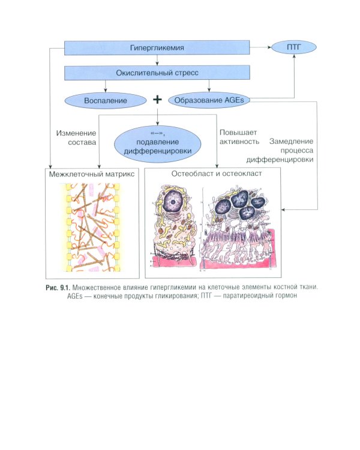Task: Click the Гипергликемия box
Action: click(157, 47)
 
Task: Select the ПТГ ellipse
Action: click(294, 47)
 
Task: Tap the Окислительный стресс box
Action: click(157, 73)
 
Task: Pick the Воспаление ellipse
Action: click(105, 100)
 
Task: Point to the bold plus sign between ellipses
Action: click(157, 99)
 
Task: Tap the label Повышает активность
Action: click(239, 138)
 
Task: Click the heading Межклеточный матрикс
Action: click(92, 173)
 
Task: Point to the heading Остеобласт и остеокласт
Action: click(212, 173)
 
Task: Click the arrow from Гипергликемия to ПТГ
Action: click(259, 47)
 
